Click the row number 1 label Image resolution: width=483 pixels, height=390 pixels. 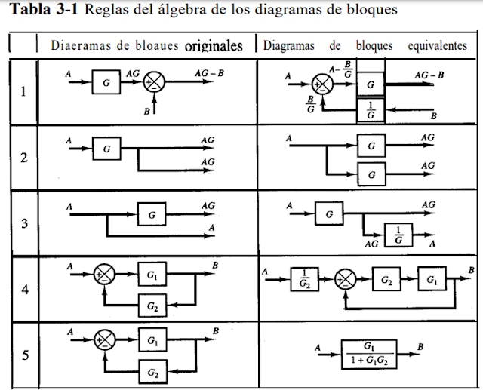point(23,93)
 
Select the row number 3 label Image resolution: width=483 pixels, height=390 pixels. point(23,223)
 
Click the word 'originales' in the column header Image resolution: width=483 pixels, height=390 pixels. point(214,45)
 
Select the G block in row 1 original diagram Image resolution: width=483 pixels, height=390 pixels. point(106,82)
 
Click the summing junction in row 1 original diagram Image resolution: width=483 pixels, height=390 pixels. point(154,82)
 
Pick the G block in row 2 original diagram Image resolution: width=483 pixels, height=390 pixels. point(106,149)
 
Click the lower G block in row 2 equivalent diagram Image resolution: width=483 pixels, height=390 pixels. point(370,174)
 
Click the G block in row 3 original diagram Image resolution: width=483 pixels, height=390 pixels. point(151,215)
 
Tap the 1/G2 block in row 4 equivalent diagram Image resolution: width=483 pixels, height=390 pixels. point(303,279)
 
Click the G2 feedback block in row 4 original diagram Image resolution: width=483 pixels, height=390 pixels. point(152,306)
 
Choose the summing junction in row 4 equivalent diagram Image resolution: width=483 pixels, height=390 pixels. point(346,279)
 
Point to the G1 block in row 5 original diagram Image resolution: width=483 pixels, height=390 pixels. point(152,341)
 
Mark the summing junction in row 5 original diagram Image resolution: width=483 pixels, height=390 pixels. point(104,341)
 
